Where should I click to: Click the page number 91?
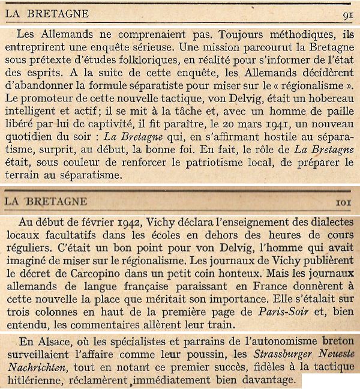click(x=347, y=13)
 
